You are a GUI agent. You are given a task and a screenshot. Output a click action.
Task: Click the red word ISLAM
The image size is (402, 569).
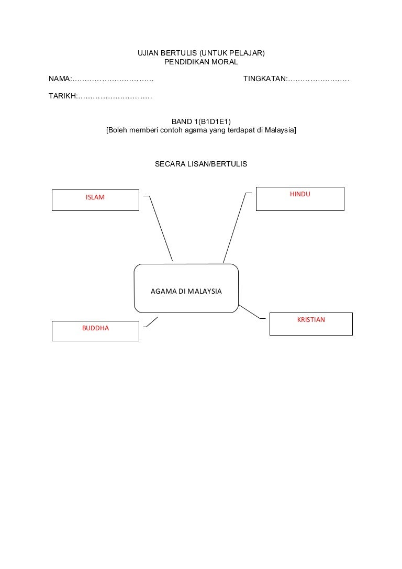95,197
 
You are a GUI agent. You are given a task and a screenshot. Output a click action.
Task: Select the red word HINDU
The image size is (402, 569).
300,194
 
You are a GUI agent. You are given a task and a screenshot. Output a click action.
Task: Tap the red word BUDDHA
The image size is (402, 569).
95,328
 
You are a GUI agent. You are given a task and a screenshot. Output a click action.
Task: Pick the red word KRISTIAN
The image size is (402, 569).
311,319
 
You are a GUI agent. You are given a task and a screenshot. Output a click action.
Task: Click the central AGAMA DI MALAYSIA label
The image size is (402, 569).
186,291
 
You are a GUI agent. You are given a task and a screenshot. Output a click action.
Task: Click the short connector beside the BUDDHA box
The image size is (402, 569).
151,322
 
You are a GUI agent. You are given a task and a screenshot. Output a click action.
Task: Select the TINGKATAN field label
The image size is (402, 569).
264,79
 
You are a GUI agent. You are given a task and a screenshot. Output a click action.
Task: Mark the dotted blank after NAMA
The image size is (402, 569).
113,80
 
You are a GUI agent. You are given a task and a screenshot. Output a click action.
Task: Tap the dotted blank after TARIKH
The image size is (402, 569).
115,97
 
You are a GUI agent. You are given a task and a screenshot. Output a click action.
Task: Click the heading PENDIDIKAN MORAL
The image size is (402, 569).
201,62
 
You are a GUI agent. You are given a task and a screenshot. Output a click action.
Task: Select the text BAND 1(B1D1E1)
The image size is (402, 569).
201,121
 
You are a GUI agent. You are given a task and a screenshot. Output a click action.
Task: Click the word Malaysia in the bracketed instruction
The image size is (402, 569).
280,130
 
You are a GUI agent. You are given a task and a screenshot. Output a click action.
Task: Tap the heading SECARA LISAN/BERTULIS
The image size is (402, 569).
201,164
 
